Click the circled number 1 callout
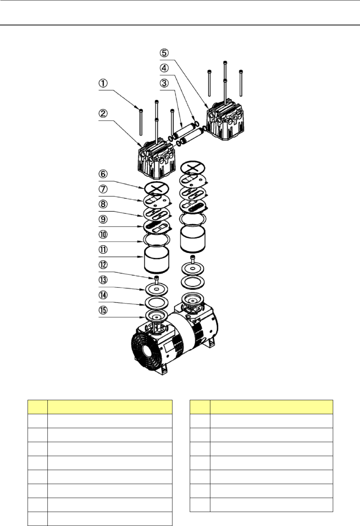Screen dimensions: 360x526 point(103,83)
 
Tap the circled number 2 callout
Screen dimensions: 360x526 point(103,114)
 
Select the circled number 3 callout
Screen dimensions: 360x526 point(164,83)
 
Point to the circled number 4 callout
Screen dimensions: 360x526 point(164,68)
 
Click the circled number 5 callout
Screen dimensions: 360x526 point(164,53)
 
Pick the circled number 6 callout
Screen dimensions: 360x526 point(103,174)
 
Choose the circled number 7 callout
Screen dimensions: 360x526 point(103,189)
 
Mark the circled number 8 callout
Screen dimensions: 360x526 point(103,204)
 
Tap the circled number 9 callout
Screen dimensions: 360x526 point(103,219)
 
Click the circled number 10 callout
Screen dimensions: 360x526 point(103,234)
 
